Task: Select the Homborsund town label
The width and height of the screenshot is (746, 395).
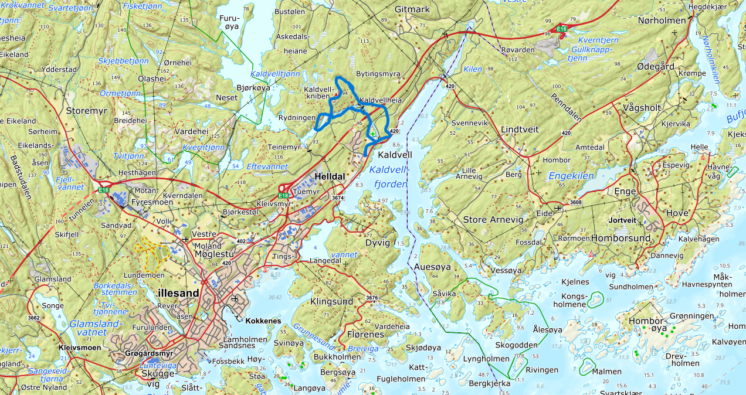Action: [621, 239]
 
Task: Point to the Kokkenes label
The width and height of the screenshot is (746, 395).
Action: [263, 321]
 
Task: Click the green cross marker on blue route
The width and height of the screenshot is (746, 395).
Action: [372, 118]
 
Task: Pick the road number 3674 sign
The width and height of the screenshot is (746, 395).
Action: [338, 199]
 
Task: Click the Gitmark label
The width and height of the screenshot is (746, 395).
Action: [412, 9]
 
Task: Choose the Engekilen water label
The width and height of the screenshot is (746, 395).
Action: [571, 175]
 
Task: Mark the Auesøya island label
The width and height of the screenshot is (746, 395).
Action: [432, 267]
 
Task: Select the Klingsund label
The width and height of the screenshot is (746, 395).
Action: [332, 301]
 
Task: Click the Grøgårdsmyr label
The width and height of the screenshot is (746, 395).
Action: [149, 354]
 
